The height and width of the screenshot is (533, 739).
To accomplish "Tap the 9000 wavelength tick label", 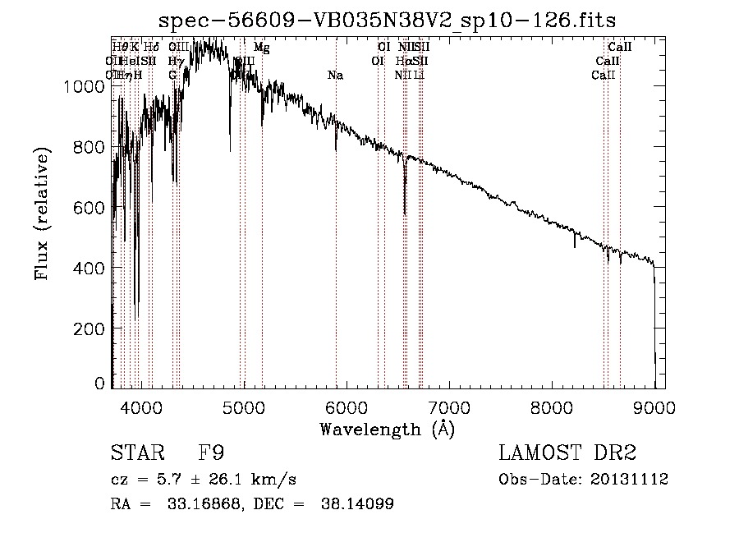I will pyautogui.click(x=655, y=407).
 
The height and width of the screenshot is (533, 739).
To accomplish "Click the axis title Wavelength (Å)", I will pyautogui.click(x=387, y=429).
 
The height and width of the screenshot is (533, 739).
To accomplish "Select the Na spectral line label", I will pyautogui.click(x=335, y=76).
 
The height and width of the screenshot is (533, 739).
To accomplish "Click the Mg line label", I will pyautogui.click(x=261, y=48).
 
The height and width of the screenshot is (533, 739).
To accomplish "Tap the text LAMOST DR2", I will pyautogui.click(x=567, y=453).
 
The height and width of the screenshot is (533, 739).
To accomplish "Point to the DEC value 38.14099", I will pyautogui.click(x=356, y=504).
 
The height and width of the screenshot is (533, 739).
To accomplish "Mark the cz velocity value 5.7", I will pyautogui.click(x=158, y=480).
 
